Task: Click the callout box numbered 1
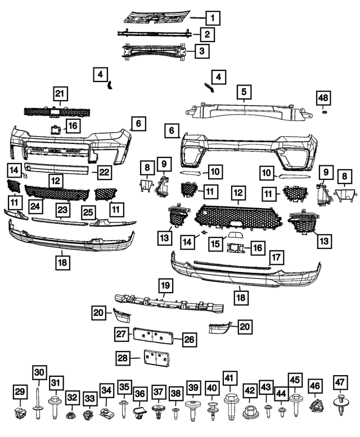213,19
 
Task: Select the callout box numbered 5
244,91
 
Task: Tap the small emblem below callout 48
324,114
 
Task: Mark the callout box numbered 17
275,258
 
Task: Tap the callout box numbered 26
190,339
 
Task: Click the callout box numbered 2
206,35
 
